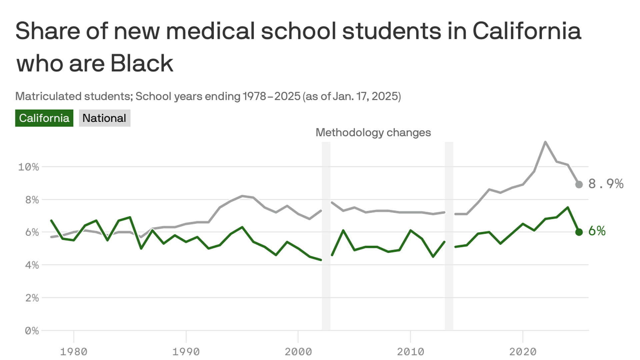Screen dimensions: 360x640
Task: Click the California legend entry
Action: click(x=44, y=118)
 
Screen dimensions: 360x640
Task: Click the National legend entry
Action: click(x=104, y=118)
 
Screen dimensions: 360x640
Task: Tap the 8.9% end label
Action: click(x=605, y=184)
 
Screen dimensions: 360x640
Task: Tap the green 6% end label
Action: click(x=597, y=231)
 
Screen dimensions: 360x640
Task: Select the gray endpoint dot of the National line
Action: click(x=579, y=184)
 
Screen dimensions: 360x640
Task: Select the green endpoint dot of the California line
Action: click(x=579, y=232)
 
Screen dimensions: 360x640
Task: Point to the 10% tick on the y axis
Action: click(x=29, y=167)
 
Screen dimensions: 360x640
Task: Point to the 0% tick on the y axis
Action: click(x=32, y=331)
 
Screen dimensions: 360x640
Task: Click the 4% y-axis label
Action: click(x=32, y=265)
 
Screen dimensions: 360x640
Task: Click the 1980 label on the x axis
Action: click(x=74, y=351)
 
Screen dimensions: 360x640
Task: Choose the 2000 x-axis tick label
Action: click(x=298, y=351)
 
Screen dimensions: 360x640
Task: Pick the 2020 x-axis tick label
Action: click(x=523, y=351)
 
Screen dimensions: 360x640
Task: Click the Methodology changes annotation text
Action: click(x=373, y=133)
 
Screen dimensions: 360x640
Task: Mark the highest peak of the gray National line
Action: click(x=545, y=142)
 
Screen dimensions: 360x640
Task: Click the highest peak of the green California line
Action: click(x=568, y=207)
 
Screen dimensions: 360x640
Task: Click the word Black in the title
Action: click(x=142, y=63)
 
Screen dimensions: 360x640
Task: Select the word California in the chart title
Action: click(x=527, y=31)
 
